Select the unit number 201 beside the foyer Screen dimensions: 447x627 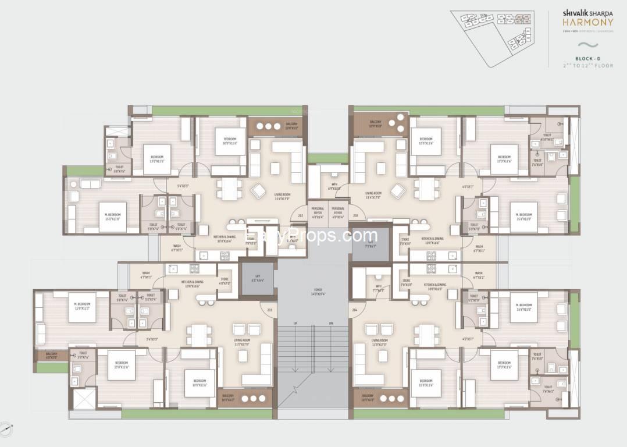pos(269,310)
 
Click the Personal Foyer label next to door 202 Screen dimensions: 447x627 pos(318,211)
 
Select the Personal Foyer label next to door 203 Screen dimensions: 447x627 pos(338,211)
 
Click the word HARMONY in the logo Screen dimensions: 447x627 pos(579,25)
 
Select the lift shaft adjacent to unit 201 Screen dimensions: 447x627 pos(252,277)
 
